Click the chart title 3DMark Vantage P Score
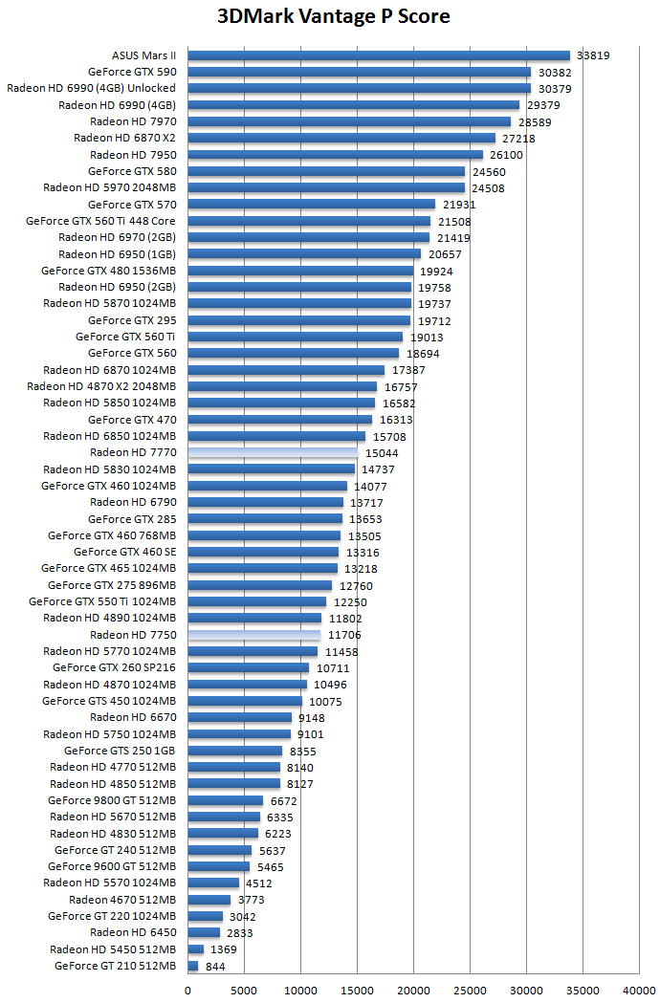click(334, 16)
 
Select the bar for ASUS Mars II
click(379, 55)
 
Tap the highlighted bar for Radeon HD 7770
click(273, 452)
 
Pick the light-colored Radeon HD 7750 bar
click(254, 635)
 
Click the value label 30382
click(556, 72)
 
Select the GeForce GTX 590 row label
click(132, 72)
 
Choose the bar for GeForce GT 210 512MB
click(193, 966)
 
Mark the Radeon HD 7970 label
click(133, 121)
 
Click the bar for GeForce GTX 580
click(326, 171)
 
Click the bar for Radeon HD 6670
click(240, 717)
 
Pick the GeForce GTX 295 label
click(132, 320)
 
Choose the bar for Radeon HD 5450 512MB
click(196, 949)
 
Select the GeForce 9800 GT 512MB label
click(112, 800)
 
